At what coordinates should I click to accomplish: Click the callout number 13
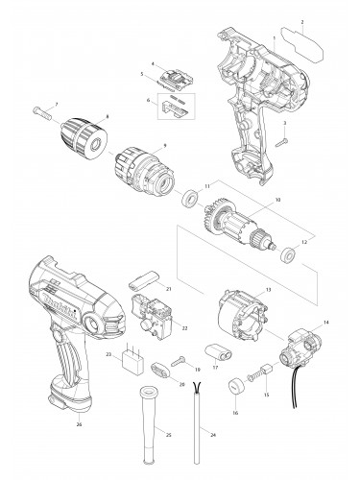tap(269, 289)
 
